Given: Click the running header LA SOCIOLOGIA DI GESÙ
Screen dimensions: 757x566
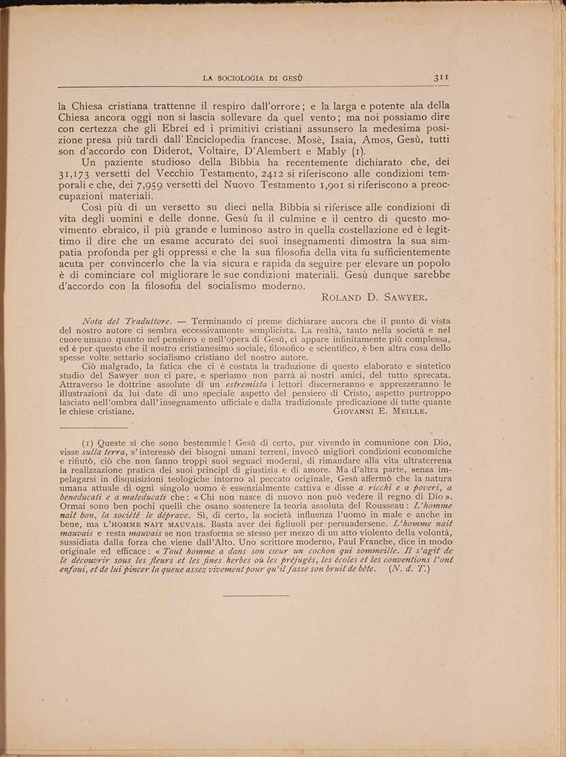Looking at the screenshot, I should pyautogui.click(x=253, y=79).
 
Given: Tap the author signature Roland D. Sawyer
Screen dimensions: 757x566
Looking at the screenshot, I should pyautogui.click(x=375, y=297).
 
